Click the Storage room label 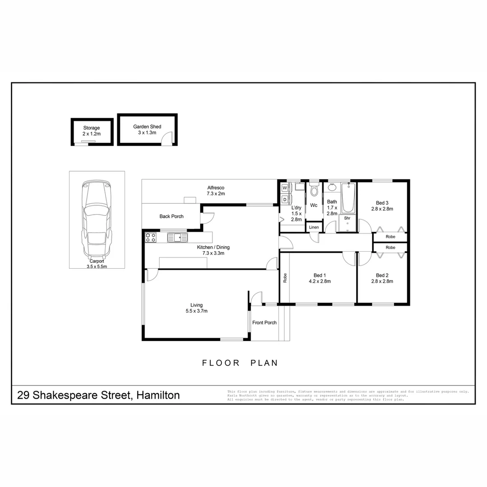tap(91, 128)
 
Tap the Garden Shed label tap(147, 127)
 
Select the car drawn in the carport tap(96, 219)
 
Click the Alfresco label tap(216, 188)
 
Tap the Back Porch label tap(171, 216)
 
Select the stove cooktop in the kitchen tap(151, 237)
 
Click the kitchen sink tap(177, 237)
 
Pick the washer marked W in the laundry tap(285, 188)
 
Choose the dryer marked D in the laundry tap(285, 199)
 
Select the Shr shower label tap(347, 218)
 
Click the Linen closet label tap(314, 227)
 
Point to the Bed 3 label tap(382, 202)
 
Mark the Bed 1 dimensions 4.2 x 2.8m tap(320, 281)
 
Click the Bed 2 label tap(382, 275)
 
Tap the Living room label tap(196, 305)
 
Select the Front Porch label tap(264, 322)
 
